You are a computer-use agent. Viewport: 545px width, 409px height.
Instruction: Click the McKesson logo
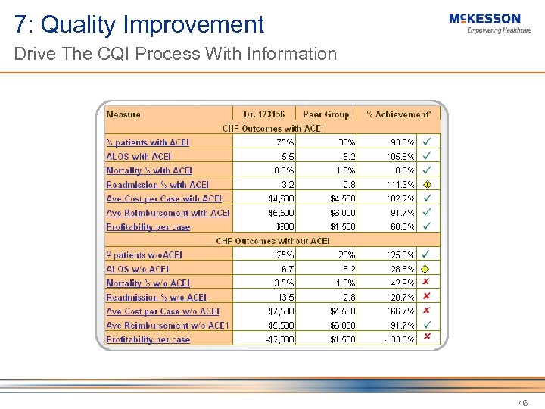coord(484,23)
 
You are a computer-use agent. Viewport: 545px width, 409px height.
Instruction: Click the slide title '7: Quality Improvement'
coord(139,24)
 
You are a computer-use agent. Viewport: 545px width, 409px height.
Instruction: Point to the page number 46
coord(523,403)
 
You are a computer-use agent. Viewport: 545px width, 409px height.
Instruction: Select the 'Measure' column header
coord(123,114)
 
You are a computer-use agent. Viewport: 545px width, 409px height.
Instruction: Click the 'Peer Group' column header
coord(325,114)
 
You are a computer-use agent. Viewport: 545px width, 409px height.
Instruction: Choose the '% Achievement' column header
coord(398,114)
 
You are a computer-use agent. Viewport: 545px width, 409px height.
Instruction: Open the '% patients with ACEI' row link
coord(148,142)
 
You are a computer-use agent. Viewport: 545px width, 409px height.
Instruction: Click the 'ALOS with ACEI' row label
coord(139,156)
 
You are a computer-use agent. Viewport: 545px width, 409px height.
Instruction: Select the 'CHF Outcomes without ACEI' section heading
coord(272,241)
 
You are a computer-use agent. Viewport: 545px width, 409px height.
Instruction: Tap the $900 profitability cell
coord(284,226)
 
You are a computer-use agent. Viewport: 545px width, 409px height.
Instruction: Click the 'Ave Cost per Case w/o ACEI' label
coord(163,311)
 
